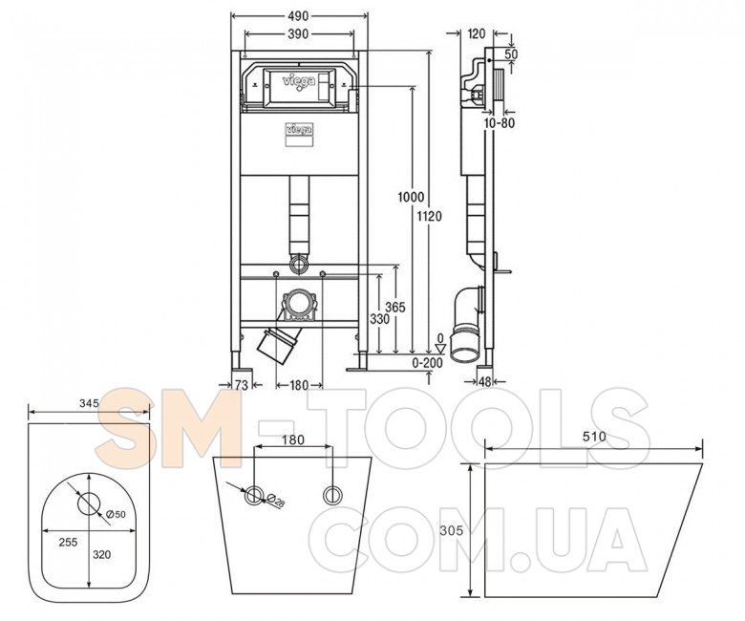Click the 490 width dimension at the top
[x=298, y=16]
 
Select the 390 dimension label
[x=298, y=33]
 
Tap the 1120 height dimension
[x=429, y=217]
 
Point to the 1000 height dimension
[x=411, y=197]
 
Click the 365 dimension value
[x=395, y=308]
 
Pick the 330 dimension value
[x=379, y=319]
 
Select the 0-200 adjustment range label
[x=427, y=363]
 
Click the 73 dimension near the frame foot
[x=242, y=385]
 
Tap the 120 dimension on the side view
[x=477, y=33]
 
